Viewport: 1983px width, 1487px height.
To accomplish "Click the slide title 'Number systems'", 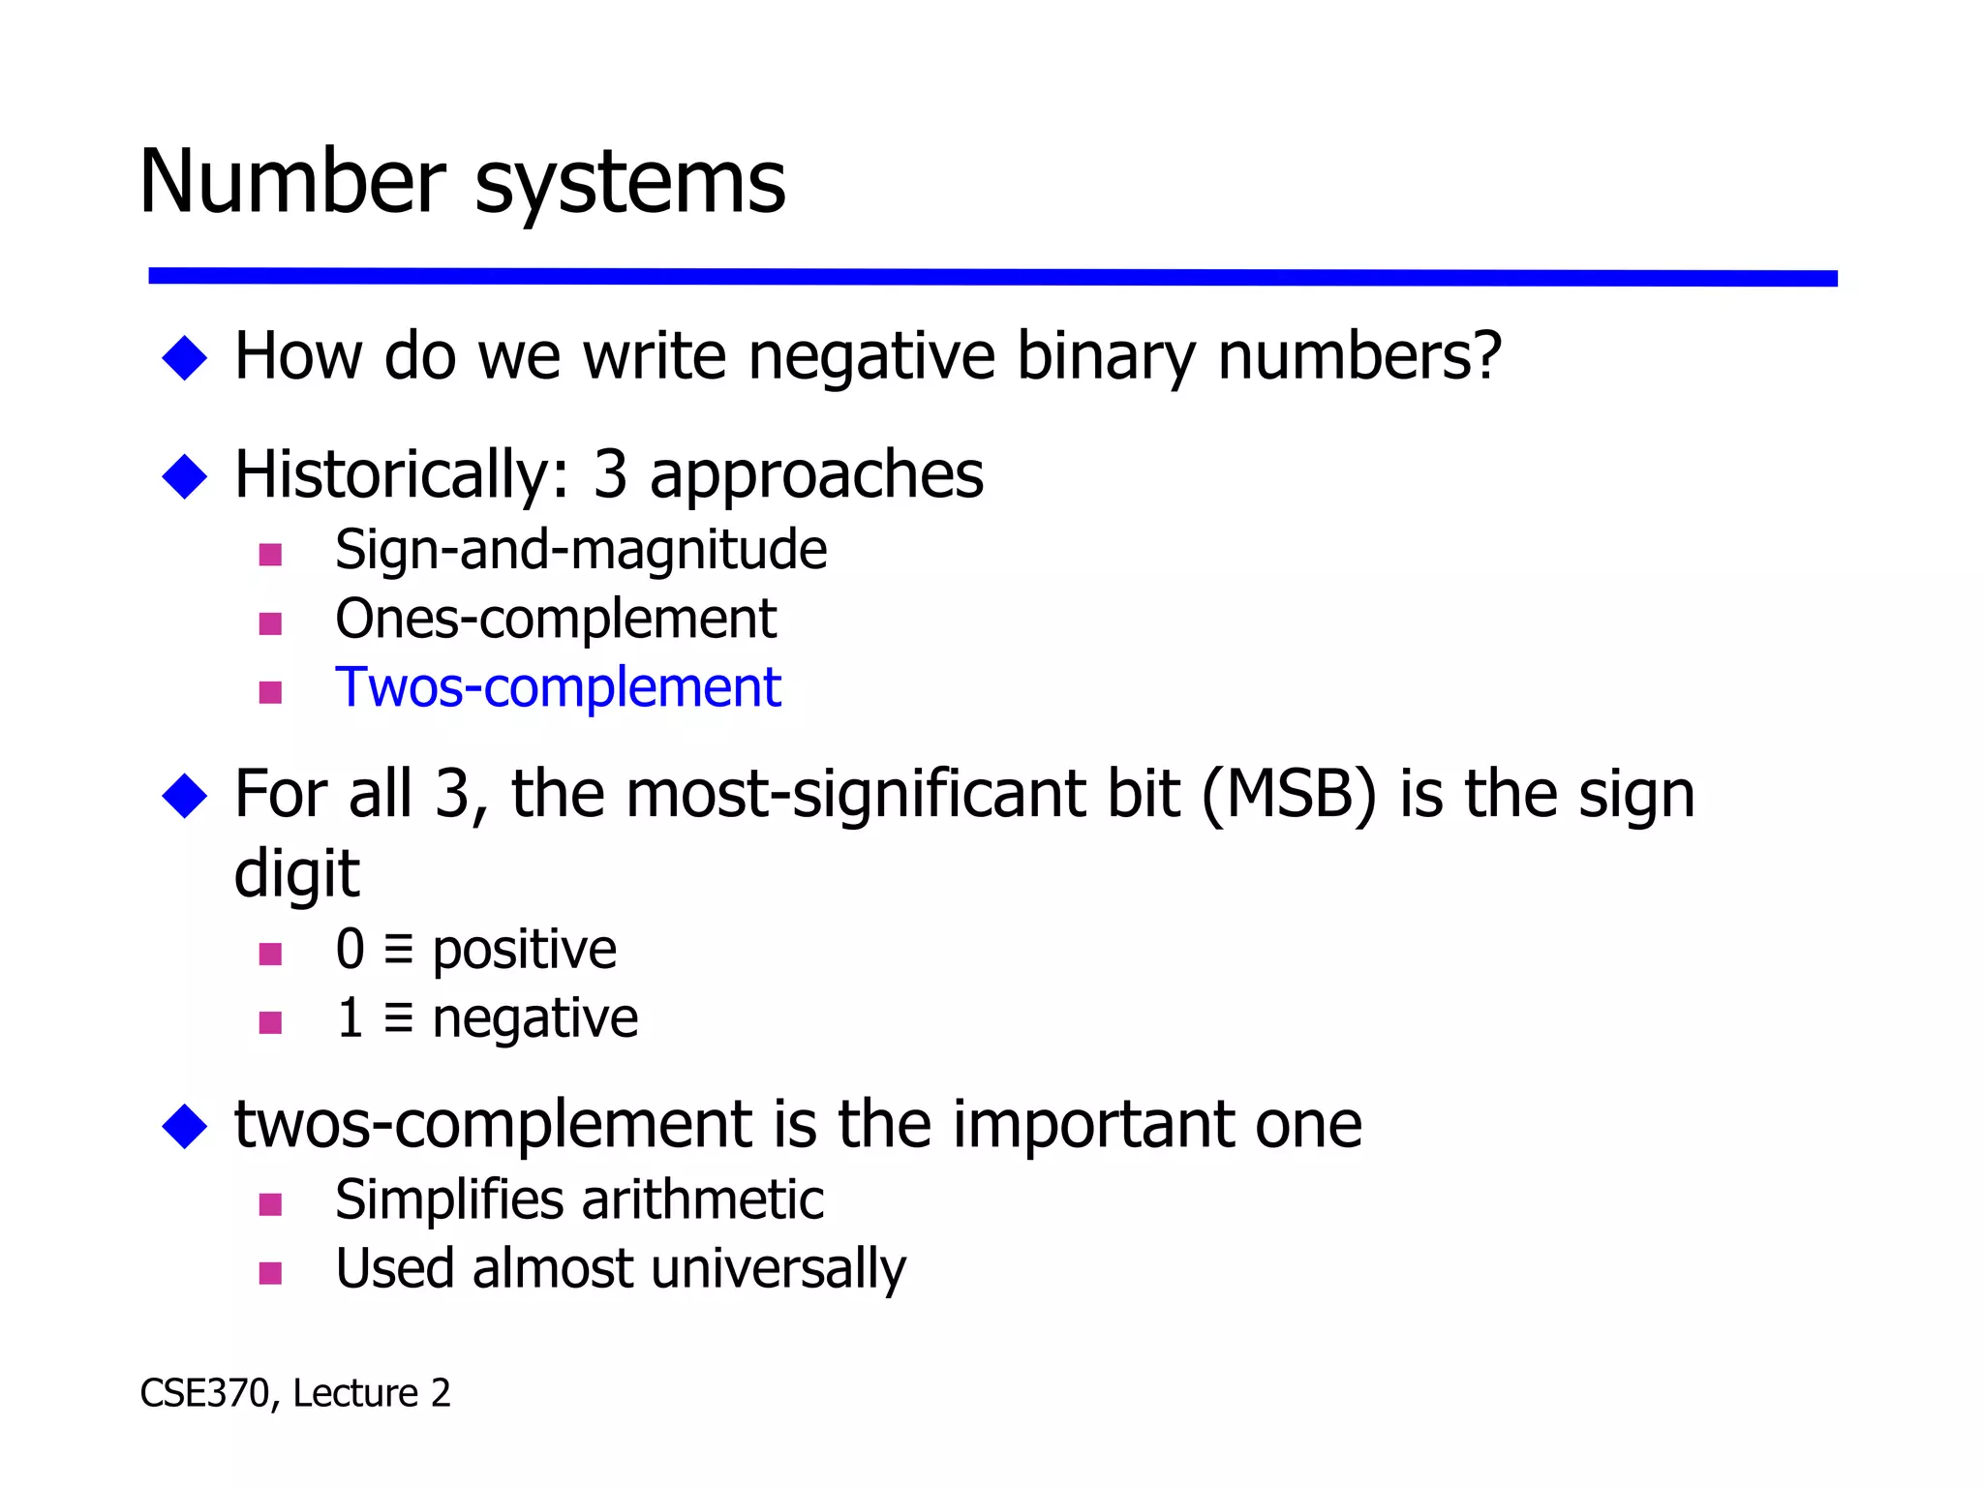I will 462,182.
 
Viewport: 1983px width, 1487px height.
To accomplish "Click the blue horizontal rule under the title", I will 991,278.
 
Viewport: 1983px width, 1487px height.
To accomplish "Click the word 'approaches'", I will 815,474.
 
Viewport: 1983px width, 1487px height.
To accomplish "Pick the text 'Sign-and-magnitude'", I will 581,550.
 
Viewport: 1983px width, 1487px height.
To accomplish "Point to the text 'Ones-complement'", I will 556,619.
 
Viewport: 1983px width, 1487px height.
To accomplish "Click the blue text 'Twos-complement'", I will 558,687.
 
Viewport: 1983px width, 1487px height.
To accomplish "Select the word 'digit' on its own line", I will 296,873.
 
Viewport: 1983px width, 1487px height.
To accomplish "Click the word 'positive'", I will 524,949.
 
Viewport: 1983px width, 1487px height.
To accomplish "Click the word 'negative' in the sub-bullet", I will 534,1018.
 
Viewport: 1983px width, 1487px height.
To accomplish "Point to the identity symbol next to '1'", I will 398,1018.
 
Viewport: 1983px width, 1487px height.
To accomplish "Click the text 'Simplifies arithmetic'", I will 579,1200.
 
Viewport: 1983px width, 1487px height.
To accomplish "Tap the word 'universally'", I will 778,1269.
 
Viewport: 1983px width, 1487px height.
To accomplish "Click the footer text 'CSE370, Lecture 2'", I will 295,1393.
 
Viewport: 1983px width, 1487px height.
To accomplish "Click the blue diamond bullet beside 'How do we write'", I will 185,357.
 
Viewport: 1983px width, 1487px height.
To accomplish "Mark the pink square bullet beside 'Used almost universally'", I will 270,1273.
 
